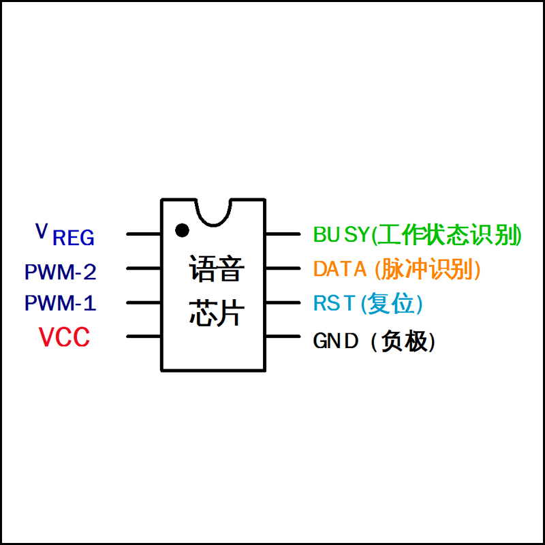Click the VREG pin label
tap(65, 234)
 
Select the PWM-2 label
tap(60, 272)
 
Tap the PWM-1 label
tap(60, 303)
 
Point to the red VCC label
tap(64, 338)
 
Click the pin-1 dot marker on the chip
tap(181, 230)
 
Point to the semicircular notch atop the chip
tap(213, 211)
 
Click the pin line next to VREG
tap(144, 234)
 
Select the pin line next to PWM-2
tap(144, 268)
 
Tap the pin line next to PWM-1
tap(144, 302)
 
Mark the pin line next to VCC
tap(144, 336)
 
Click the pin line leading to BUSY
tap(282, 234)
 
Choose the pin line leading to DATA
tap(282, 268)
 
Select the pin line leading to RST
tap(282, 302)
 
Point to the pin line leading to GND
tap(282, 336)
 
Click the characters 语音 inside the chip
tap(215, 269)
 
